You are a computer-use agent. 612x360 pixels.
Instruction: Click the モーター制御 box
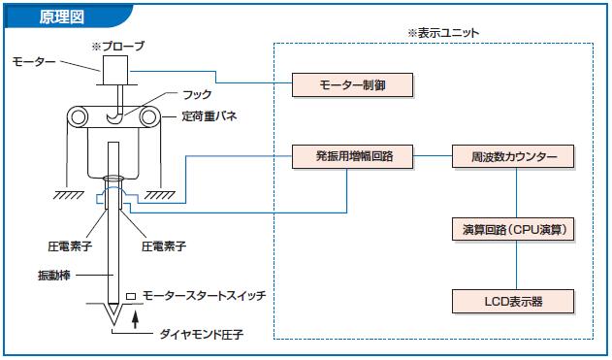(352, 84)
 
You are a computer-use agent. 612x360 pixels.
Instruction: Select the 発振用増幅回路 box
(352, 156)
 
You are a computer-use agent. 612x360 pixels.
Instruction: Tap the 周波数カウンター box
(513, 156)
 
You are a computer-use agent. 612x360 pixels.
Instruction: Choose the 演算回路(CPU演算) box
(513, 229)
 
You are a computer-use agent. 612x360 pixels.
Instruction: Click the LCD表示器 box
(513, 302)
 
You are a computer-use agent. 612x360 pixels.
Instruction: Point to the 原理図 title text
(62, 16)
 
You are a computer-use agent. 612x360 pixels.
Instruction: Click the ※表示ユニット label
(443, 33)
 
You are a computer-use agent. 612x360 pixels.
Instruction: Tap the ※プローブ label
(118, 47)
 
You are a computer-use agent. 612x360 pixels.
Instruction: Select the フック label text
(197, 94)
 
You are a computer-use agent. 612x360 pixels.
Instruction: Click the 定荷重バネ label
(209, 116)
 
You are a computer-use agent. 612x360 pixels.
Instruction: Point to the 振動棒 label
(54, 276)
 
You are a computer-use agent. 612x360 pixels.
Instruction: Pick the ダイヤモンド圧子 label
(202, 334)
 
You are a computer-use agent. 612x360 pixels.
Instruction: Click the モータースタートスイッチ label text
(204, 295)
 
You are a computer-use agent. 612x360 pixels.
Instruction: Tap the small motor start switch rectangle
(131, 297)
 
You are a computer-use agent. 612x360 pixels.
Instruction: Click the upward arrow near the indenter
(135, 318)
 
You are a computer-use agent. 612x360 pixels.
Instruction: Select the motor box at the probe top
(115, 70)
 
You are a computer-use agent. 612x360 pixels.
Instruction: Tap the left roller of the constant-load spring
(78, 116)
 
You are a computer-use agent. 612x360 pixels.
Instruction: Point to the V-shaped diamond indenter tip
(113, 314)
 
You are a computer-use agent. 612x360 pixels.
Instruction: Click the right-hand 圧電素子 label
(164, 246)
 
